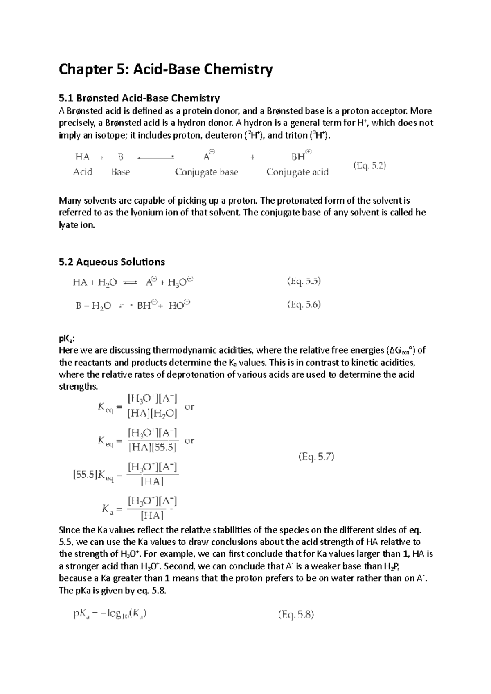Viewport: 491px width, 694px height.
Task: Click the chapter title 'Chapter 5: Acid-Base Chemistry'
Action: coord(166,70)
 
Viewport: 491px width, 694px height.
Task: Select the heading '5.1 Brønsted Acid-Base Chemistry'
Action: coord(140,98)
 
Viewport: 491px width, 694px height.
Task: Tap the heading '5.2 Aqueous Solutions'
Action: coord(112,262)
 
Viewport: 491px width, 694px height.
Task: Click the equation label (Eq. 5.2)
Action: coord(369,166)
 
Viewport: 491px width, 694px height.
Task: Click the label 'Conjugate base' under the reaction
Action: coord(206,172)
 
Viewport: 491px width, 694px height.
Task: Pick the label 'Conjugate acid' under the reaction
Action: coord(297,172)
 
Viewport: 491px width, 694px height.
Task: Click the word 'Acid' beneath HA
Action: coord(83,172)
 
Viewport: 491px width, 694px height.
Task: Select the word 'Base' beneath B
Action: coord(120,172)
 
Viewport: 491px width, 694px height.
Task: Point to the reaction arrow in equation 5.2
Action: coord(156,157)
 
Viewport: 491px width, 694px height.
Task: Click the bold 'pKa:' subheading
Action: coord(67,338)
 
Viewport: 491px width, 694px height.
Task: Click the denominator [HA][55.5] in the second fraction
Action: coord(152,448)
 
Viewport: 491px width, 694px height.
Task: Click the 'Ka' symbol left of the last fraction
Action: coord(108,509)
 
